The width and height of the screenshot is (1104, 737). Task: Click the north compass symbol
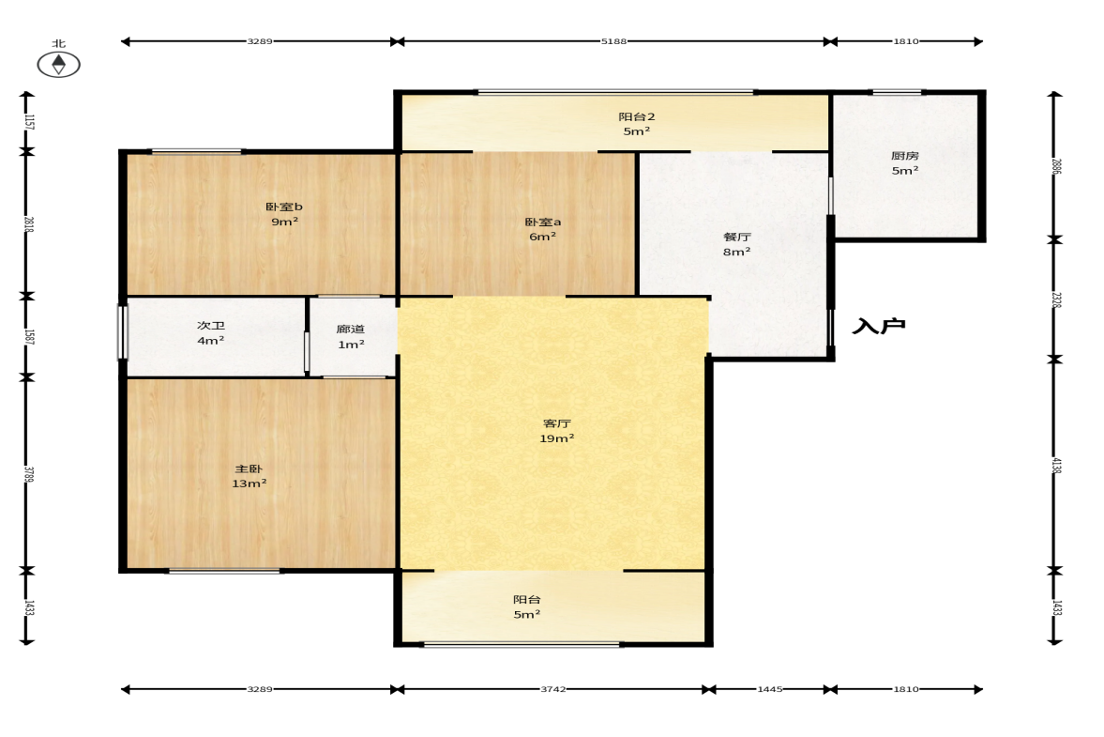tap(58, 64)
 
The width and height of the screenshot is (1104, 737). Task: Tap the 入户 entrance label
tap(879, 326)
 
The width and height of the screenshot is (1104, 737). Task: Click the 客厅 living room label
tap(557, 423)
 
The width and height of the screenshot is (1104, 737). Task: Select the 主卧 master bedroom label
tap(249, 468)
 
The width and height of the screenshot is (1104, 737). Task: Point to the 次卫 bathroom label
tap(210, 326)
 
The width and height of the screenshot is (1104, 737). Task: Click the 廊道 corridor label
tap(351, 329)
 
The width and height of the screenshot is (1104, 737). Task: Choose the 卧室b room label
tap(284, 207)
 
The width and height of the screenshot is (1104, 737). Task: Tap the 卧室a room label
tap(543, 222)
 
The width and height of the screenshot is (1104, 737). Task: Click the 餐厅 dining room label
tap(737, 237)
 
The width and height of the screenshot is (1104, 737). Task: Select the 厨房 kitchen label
tap(905, 156)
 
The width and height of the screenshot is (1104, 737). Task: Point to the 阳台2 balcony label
tap(637, 116)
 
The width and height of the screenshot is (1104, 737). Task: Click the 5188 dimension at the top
tap(613, 41)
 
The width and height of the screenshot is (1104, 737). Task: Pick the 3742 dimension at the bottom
tap(553, 689)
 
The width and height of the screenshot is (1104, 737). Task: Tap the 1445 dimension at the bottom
tap(769, 689)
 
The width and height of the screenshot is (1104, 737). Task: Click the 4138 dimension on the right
tap(1056, 466)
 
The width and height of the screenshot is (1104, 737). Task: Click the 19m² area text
tap(557, 438)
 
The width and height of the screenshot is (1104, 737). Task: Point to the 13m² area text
tap(250, 484)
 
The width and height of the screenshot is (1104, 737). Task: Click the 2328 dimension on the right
tap(1056, 299)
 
